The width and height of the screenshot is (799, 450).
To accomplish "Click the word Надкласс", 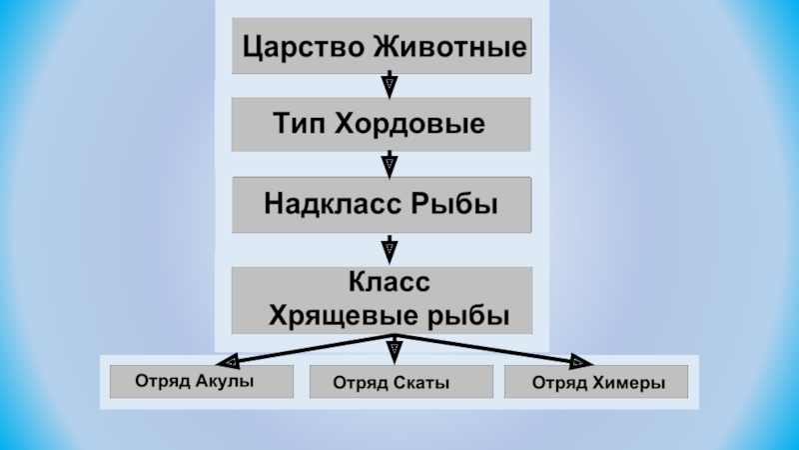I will point(333,205).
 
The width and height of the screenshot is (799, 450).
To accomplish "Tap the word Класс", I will point(384,284).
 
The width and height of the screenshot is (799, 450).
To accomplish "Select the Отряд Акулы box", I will point(202,382).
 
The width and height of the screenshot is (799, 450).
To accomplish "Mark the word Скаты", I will point(421,383).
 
